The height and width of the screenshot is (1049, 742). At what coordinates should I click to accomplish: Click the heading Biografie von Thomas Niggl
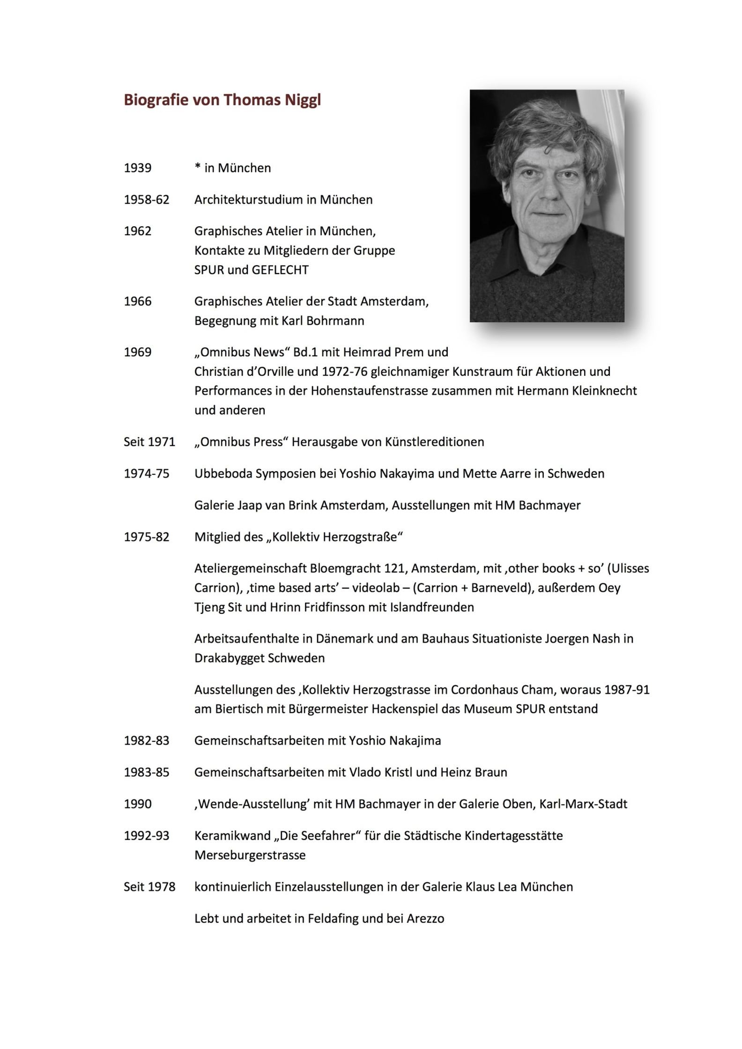click(x=222, y=100)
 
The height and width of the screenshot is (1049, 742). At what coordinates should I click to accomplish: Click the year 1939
click(x=137, y=168)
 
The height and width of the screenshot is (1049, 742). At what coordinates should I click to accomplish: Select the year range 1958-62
click(x=146, y=199)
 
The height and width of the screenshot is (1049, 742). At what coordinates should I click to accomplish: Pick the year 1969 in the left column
click(x=137, y=352)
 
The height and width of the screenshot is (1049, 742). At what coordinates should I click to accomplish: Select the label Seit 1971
click(x=149, y=442)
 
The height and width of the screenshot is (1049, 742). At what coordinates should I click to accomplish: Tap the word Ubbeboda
click(x=223, y=473)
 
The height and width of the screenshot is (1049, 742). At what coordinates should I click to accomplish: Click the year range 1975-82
click(x=146, y=537)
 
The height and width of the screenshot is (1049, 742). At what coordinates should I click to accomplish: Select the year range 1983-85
click(x=146, y=772)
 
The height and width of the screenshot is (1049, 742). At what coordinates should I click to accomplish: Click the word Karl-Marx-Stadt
click(x=583, y=804)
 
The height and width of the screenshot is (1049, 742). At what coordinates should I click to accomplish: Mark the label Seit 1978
click(x=149, y=887)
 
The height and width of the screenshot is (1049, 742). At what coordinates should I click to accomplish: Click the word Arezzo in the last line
click(x=425, y=918)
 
